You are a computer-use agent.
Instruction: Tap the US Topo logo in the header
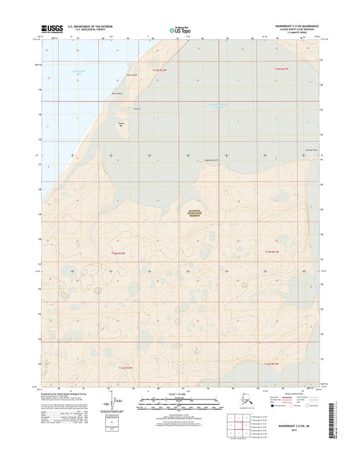[x=179, y=30]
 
